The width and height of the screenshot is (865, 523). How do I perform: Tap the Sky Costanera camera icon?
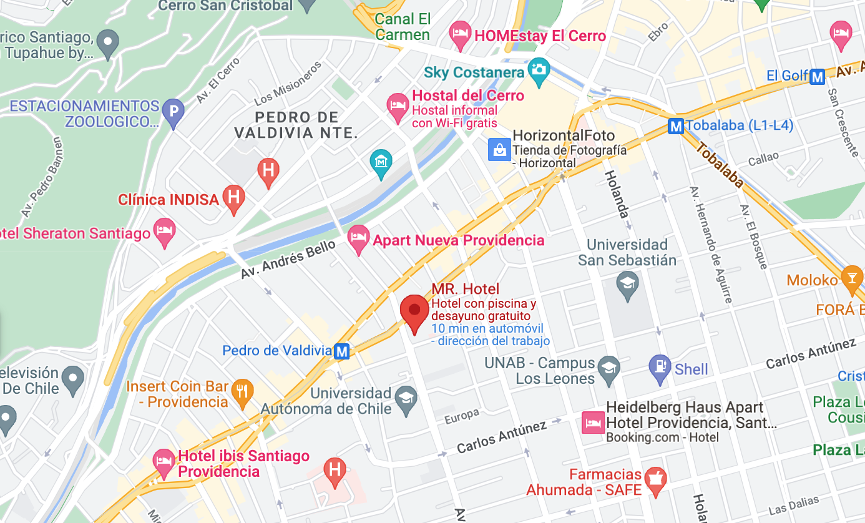537,71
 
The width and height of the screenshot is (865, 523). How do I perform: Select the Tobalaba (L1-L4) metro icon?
675,126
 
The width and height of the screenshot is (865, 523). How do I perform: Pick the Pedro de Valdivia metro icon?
341,351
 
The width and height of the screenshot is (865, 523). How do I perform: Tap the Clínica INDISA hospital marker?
235,198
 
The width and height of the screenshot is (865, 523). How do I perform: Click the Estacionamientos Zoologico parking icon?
173,112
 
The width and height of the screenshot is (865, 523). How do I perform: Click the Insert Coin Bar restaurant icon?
242,391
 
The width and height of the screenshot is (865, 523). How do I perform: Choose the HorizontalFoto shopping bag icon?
499,149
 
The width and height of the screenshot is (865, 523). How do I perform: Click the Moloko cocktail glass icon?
852,278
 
